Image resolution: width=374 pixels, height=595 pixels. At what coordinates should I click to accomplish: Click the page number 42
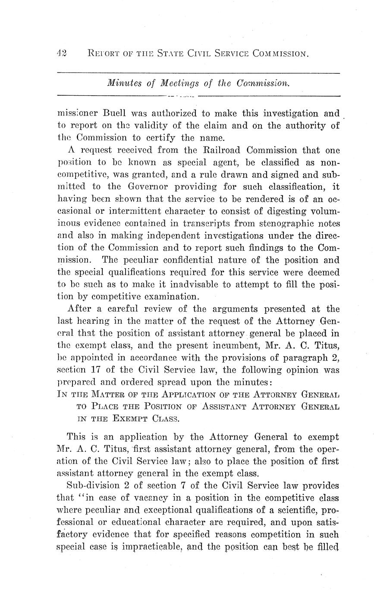(x=61, y=53)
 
